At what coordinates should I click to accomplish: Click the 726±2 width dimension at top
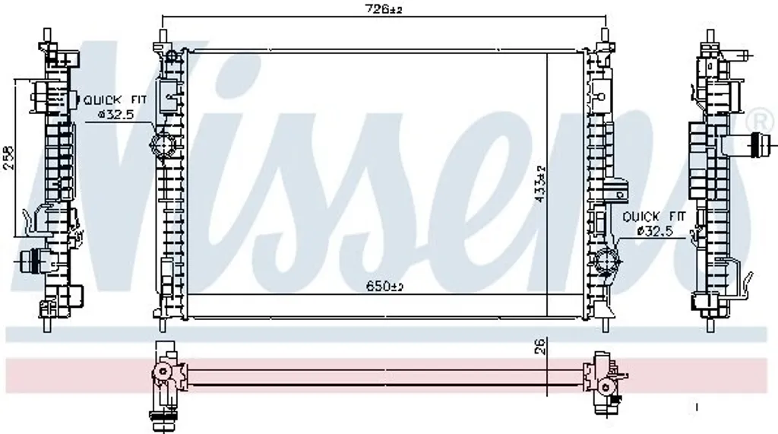coord(384,9)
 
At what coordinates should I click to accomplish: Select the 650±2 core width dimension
coord(384,286)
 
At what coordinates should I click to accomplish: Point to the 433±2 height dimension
coord(540,184)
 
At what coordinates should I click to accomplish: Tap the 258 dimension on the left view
coord(9,158)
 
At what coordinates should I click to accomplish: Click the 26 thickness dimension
coord(540,346)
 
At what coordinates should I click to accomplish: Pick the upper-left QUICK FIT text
coord(115,100)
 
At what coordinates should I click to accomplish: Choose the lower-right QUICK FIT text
coord(653,217)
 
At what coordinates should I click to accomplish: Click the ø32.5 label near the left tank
coord(115,115)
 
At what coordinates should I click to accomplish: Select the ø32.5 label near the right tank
coord(654,231)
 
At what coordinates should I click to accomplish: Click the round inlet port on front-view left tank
coord(163,144)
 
